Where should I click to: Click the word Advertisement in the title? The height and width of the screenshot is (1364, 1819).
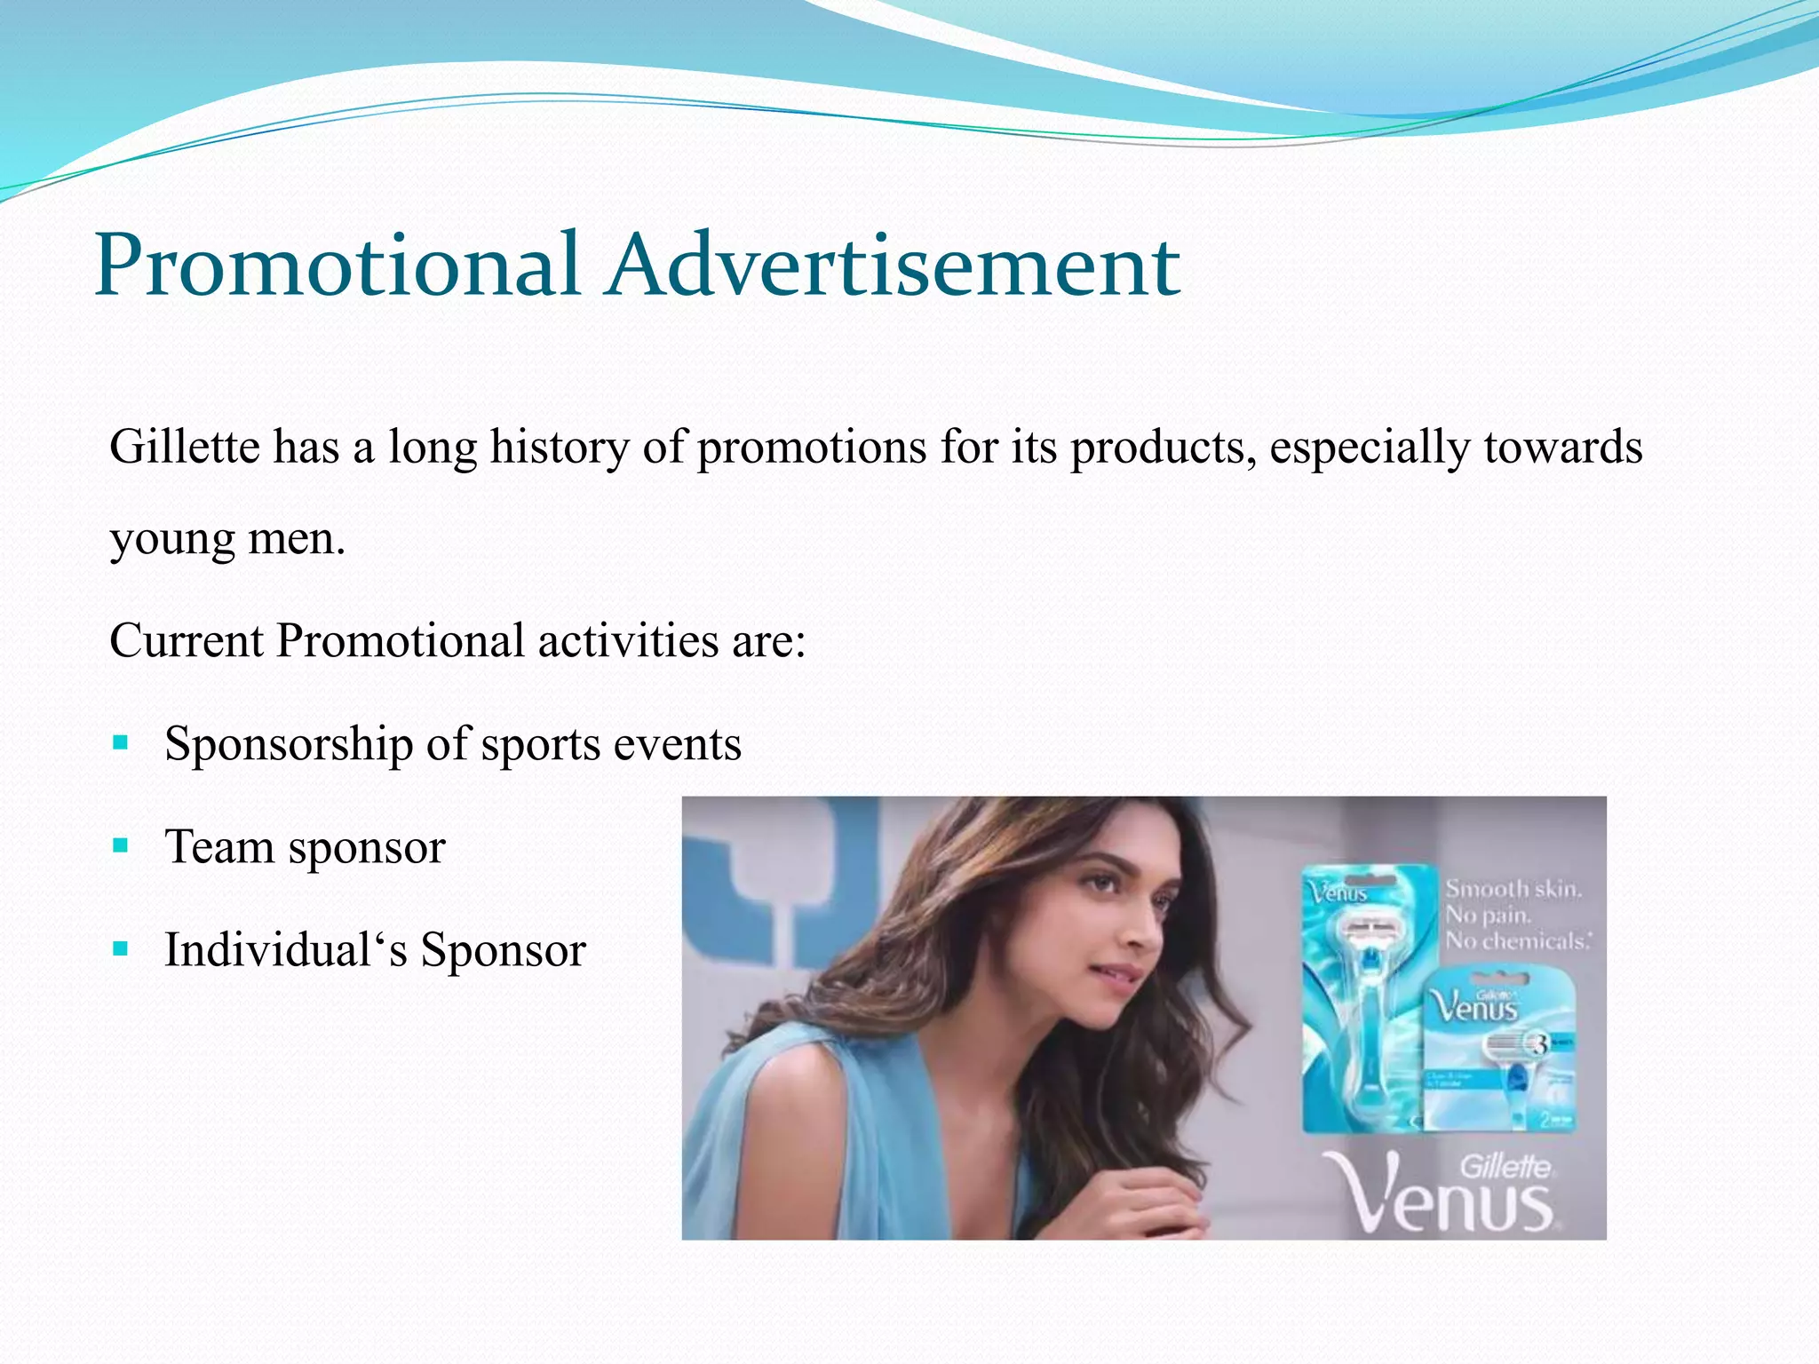(893, 265)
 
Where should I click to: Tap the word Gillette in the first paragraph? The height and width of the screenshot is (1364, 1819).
(184, 447)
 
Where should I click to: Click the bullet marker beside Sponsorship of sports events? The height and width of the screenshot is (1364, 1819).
(121, 742)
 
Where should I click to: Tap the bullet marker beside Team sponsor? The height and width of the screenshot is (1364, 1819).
(121, 845)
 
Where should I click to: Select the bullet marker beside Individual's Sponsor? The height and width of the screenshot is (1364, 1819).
(121, 948)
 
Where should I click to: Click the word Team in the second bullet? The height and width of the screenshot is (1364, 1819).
(219, 847)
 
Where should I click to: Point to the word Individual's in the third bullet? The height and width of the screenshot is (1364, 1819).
(286, 950)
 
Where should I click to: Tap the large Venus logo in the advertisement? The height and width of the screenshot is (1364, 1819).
(1448, 1194)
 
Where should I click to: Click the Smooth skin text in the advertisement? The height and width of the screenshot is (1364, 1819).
(1513, 889)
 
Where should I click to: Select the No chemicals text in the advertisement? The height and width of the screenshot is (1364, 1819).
(1517, 940)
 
